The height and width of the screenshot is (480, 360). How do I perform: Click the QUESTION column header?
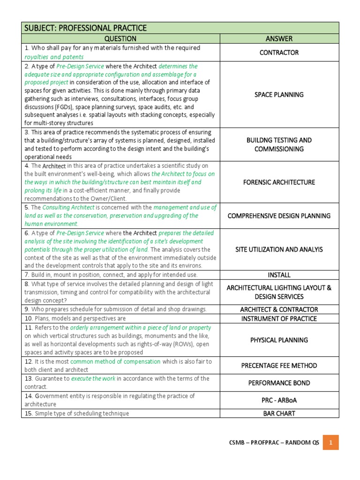tap(120, 38)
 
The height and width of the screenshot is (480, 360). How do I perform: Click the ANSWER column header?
tap(279, 38)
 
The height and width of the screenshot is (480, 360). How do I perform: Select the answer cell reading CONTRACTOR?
tap(279, 52)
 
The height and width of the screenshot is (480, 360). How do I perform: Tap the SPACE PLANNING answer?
tap(279, 95)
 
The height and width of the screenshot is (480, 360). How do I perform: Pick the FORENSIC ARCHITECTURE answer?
tap(279, 182)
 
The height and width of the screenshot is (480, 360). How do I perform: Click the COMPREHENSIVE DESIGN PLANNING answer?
tap(279, 216)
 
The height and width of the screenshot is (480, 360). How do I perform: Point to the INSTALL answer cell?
tap(279, 275)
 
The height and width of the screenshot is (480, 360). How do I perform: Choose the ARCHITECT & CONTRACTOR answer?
tap(279, 309)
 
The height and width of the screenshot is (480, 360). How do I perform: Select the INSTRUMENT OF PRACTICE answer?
tap(279, 319)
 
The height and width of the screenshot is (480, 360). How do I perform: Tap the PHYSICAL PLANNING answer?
tap(279, 340)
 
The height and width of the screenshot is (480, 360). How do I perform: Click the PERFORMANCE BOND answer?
tap(279, 383)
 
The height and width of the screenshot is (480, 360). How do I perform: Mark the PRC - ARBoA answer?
tap(279, 400)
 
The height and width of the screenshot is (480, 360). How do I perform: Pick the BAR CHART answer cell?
tap(279, 413)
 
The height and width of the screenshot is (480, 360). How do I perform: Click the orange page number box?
tap(330, 442)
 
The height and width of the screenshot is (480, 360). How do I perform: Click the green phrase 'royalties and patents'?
tap(52, 57)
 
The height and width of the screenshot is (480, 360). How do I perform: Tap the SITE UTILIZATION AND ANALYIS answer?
tap(279, 250)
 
